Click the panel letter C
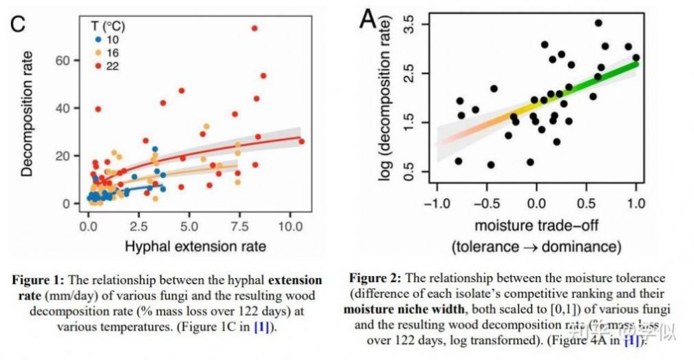pyautogui.click(x=18, y=23)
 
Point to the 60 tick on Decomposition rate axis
pyautogui.click(x=64, y=61)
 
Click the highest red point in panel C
pyautogui.click(x=254, y=28)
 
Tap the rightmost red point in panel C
pyautogui.click(x=302, y=142)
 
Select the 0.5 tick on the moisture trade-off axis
pyautogui.click(x=587, y=204)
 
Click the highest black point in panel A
pyautogui.click(x=598, y=23)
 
